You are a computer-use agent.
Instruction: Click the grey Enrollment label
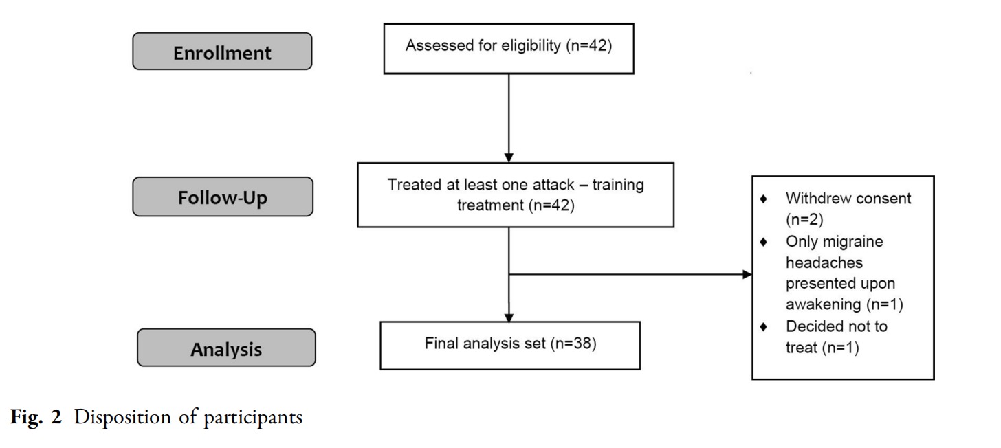point(222,51)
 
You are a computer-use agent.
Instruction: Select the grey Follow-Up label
point(223,197)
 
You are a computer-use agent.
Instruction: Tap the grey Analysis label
point(226,348)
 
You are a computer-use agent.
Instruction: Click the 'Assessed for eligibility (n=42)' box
point(509,49)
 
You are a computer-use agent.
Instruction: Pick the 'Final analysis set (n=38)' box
point(510,346)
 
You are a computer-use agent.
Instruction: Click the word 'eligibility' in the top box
point(531,45)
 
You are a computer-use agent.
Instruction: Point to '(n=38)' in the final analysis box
point(573,344)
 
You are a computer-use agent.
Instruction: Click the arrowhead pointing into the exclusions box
point(747,274)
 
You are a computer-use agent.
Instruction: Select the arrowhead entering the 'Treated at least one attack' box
point(509,157)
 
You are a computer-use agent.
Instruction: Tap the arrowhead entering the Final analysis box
point(509,317)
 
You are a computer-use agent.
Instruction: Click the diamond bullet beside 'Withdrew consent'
point(763,199)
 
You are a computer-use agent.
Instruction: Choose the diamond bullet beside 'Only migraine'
point(763,242)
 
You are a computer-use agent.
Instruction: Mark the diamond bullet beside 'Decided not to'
point(763,327)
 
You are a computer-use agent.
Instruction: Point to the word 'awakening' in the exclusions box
point(824,304)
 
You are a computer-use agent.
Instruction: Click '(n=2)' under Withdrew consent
point(804,220)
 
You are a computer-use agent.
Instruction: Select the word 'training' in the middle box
point(618,185)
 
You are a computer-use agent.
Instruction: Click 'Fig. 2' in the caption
point(36,417)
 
